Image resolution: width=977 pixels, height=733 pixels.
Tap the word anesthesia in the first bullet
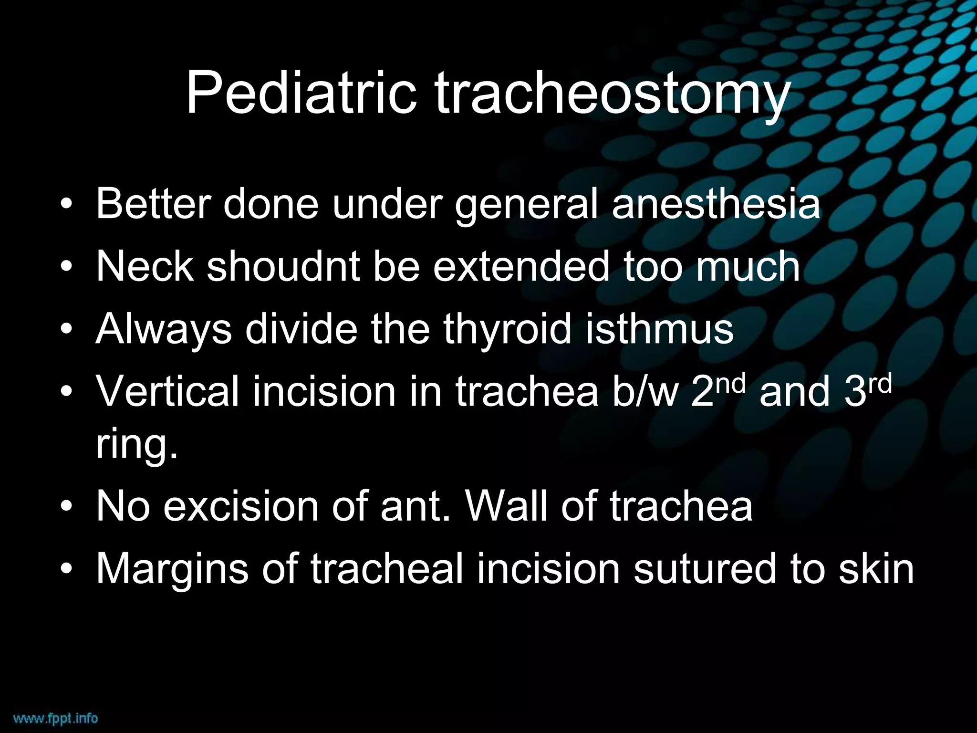tap(716, 204)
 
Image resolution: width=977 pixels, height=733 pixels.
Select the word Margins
tap(172, 569)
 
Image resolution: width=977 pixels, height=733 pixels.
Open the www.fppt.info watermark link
tap(55, 718)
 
